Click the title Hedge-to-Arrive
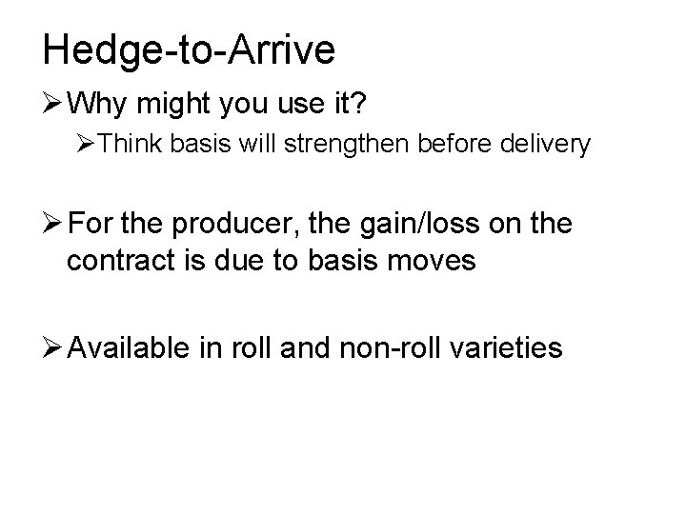(x=189, y=49)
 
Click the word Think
(x=130, y=146)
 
